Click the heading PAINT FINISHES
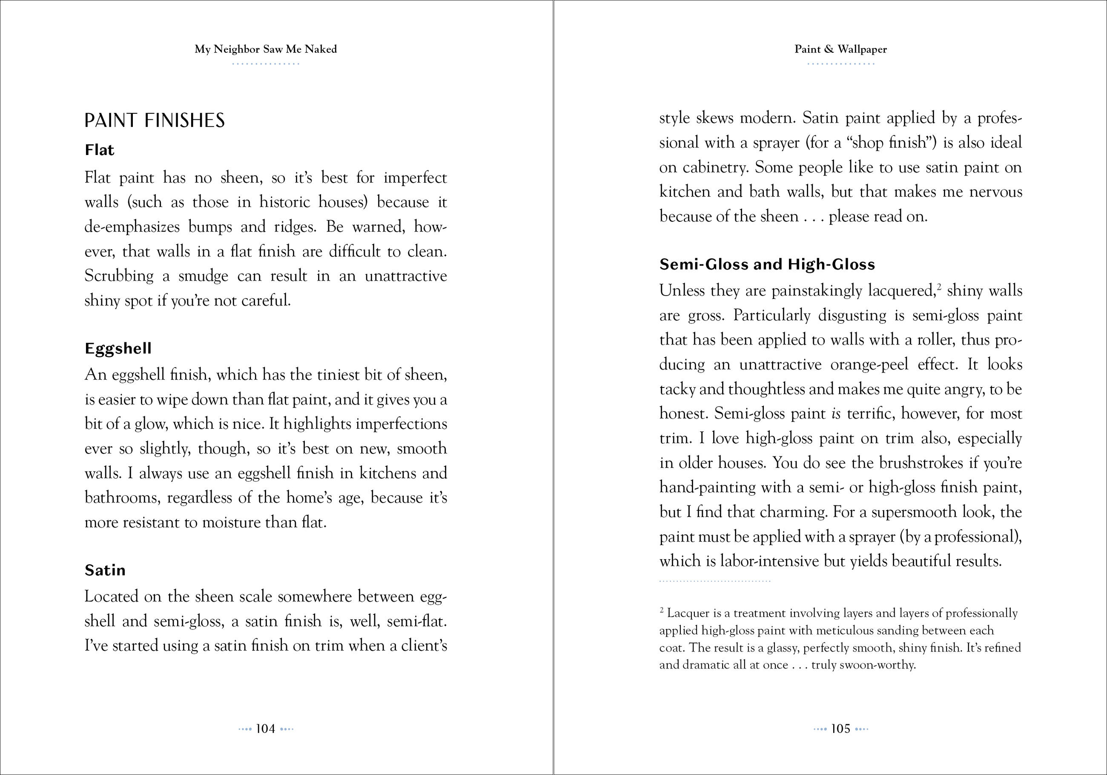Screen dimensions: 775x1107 click(154, 121)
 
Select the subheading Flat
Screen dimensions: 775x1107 click(99, 150)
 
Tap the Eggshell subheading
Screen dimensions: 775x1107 click(118, 348)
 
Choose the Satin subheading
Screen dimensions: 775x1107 click(105, 570)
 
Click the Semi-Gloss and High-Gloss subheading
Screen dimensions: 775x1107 click(767, 264)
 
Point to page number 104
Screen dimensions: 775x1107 click(265, 729)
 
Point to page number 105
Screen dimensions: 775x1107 click(840, 729)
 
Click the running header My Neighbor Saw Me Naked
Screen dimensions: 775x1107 click(266, 49)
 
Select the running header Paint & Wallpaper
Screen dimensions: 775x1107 click(840, 49)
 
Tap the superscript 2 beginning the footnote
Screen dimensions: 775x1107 click(662, 610)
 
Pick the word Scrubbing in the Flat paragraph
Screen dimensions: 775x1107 click(119, 276)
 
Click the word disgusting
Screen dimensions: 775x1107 click(852, 316)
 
